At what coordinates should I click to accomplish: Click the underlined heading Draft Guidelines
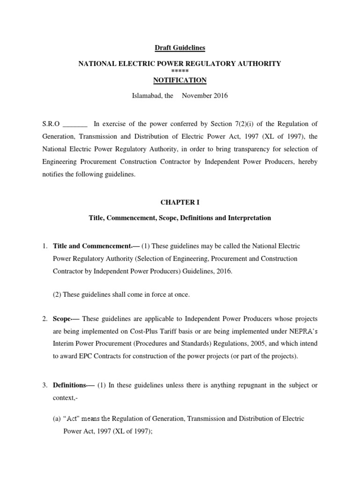[x=180, y=48]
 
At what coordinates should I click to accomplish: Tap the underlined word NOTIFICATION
[x=180, y=80]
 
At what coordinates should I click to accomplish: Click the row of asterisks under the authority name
[x=180, y=70]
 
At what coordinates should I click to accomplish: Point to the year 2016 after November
[x=219, y=96]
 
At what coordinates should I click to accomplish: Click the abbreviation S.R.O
[x=51, y=124]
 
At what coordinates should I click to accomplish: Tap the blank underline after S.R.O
[x=75, y=125]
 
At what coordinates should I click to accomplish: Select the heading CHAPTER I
[x=180, y=202]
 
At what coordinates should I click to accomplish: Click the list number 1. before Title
[x=45, y=246]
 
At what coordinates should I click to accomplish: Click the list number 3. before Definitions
[x=45, y=385]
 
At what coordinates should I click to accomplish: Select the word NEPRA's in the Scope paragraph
[x=301, y=331]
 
